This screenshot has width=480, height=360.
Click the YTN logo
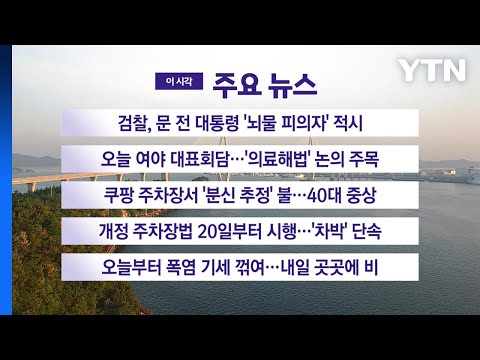(432, 70)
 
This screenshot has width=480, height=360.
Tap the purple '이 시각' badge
(179, 81)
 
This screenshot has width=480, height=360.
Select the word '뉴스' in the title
(292, 86)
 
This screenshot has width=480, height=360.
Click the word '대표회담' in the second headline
(199, 159)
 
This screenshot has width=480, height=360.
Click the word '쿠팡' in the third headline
(118, 195)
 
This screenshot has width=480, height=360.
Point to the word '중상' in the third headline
(362, 195)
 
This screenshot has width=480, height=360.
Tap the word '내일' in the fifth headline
(295, 267)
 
